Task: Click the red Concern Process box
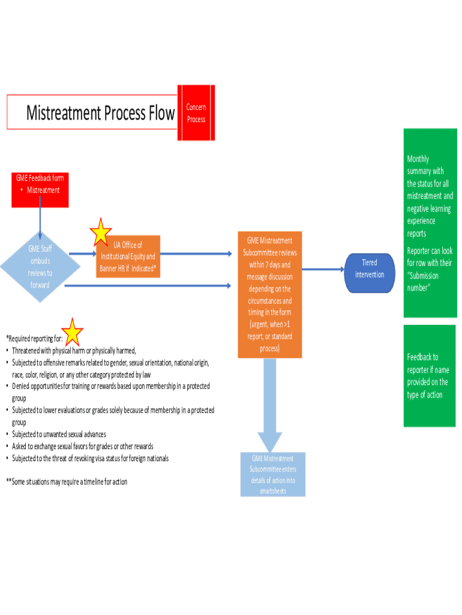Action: [x=196, y=113]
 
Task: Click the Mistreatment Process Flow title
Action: [x=100, y=112]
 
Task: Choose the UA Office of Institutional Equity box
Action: [x=128, y=257]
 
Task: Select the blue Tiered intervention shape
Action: [x=370, y=269]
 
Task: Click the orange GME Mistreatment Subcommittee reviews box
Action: [x=269, y=294]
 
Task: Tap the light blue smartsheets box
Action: [x=273, y=474]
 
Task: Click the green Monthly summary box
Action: [x=430, y=222]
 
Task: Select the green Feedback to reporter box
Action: [x=430, y=375]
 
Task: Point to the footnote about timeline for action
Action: [x=67, y=482]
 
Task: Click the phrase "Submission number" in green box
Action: [x=424, y=282]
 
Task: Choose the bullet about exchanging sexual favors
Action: [x=82, y=446]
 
